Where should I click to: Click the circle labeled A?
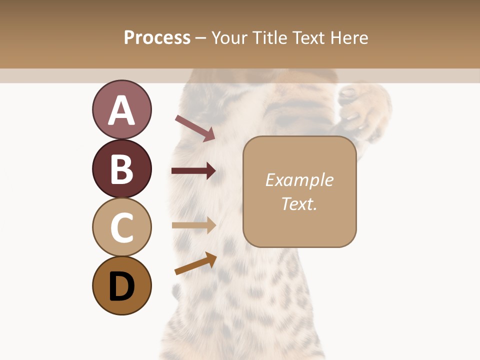(121, 109)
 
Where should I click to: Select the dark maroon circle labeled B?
(121, 168)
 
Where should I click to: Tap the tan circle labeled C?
(121, 227)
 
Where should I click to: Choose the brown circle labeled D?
(121, 285)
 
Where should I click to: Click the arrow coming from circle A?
(195, 128)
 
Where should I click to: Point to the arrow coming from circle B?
(193, 171)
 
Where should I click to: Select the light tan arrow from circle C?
(193, 225)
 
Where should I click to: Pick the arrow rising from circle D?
(195, 263)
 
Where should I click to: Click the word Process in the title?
(157, 37)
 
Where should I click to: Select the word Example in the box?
(299, 180)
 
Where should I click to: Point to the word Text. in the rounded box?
(299, 203)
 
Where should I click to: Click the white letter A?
(121, 110)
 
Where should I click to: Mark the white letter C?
(121, 228)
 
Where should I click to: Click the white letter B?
(121, 169)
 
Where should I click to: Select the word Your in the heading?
(231, 37)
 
